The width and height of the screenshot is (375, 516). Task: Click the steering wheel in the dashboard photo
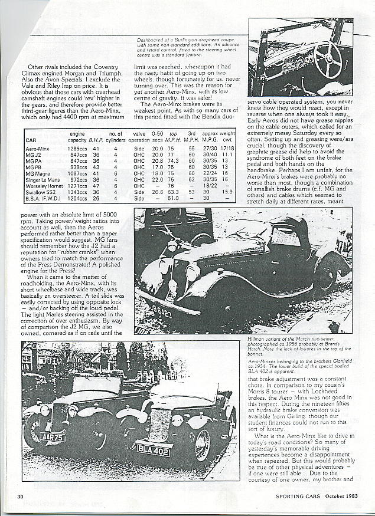[328, 59]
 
